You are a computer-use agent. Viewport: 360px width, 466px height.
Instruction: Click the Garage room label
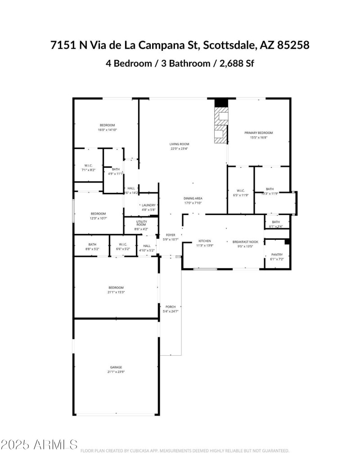[116, 367]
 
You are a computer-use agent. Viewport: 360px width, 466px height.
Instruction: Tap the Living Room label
[179, 144]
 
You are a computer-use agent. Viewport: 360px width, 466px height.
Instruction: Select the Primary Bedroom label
[259, 133]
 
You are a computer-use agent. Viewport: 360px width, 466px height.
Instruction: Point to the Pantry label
[277, 255]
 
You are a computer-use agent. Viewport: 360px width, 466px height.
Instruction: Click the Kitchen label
[205, 241]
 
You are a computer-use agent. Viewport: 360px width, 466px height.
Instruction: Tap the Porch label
[171, 307]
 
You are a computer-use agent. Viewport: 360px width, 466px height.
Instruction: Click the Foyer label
[171, 235]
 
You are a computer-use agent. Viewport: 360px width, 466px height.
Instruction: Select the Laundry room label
[148, 205]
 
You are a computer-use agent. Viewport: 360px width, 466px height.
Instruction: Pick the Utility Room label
[141, 223]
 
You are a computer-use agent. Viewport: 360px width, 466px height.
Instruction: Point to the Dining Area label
[193, 198]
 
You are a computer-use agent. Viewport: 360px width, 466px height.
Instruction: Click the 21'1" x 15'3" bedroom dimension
[116, 292]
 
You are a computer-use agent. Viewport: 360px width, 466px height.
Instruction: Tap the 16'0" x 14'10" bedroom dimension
[107, 130]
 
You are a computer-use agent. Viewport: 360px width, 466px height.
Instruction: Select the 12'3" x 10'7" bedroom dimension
[99, 219]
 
